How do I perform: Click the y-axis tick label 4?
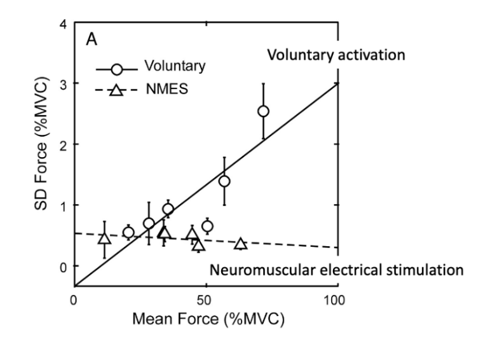pyautogui.click(x=63, y=25)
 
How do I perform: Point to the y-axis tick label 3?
pyautogui.click(x=63, y=85)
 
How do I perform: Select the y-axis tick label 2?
pyautogui.click(x=63, y=145)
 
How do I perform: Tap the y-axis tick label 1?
pyautogui.click(x=63, y=206)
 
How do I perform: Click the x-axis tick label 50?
pyautogui.click(x=205, y=300)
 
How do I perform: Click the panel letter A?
pyautogui.click(x=91, y=40)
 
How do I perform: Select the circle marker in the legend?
pyautogui.click(x=117, y=69)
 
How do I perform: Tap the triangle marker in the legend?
pyautogui.click(x=116, y=90)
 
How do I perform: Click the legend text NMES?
pyautogui.click(x=167, y=89)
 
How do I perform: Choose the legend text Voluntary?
pyautogui.click(x=175, y=66)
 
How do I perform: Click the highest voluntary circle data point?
pyautogui.click(x=263, y=111)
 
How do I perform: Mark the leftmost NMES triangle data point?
pyautogui.click(x=105, y=239)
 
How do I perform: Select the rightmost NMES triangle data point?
pyautogui.click(x=241, y=244)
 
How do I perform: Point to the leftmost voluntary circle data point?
pyautogui.click(x=128, y=232)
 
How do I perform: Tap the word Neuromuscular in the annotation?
pyautogui.click(x=262, y=270)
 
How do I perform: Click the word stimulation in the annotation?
pyautogui.click(x=425, y=270)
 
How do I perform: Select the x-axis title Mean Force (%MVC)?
pyautogui.click(x=208, y=319)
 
